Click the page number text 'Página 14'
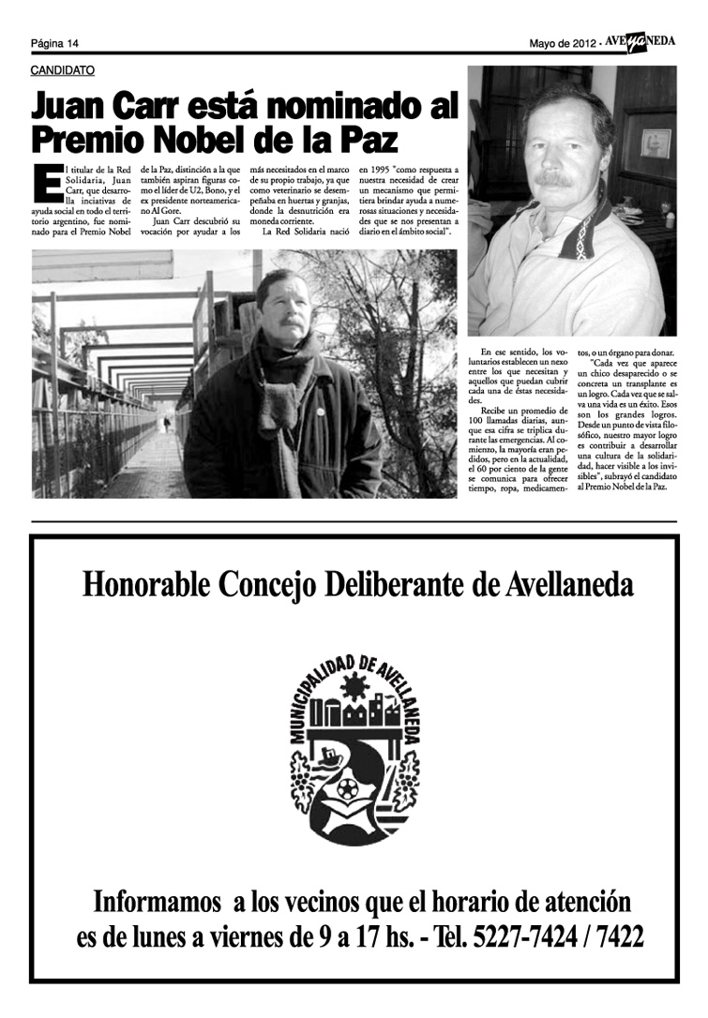(x=54, y=43)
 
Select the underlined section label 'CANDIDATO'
(x=62, y=70)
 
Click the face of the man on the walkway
(x=283, y=305)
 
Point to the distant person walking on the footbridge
(x=167, y=424)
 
